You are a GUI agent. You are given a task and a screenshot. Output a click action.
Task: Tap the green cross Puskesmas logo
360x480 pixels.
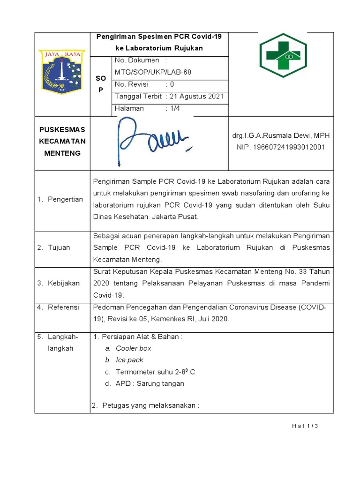[283, 55]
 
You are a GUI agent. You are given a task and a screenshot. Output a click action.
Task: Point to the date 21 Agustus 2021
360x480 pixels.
[196, 97]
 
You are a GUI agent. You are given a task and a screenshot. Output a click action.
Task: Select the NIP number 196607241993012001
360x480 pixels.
[281, 147]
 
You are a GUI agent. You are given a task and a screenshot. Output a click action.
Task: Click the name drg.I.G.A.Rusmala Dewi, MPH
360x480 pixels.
[281, 135]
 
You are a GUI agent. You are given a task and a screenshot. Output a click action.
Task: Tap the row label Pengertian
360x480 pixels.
[65, 199]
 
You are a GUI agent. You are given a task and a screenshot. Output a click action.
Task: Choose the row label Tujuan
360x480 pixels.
[59, 247]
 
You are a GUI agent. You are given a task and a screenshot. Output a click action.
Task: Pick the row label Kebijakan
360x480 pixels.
[64, 283]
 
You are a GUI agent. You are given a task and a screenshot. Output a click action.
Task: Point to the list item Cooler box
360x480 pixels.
[133, 348]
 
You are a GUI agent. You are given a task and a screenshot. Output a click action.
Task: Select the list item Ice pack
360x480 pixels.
[129, 360]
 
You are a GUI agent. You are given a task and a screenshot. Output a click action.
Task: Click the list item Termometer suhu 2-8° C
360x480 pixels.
[155, 372]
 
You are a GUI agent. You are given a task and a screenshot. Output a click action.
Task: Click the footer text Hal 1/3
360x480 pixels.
[305, 426]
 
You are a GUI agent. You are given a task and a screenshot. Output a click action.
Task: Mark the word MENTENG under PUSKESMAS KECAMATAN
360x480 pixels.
[62, 153]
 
